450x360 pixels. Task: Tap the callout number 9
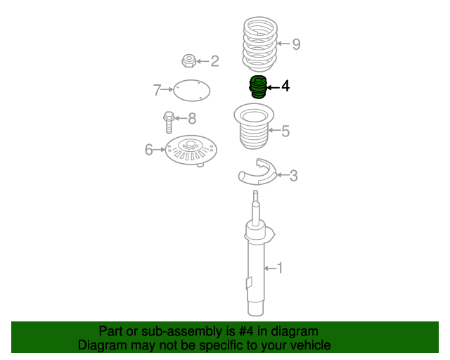(x=296, y=44)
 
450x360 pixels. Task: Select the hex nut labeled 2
(x=189, y=60)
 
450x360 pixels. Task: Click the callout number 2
(x=214, y=61)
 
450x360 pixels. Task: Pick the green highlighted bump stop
(x=258, y=86)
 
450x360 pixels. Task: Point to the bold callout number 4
(x=285, y=86)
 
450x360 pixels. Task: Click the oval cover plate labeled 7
(x=192, y=91)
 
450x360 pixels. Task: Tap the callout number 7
(x=157, y=90)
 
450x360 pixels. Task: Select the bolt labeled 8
(x=169, y=122)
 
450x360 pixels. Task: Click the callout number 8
(x=192, y=118)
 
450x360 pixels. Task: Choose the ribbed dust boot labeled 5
(x=254, y=127)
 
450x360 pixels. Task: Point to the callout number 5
(x=285, y=131)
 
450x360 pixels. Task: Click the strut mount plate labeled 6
(x=191, y=150)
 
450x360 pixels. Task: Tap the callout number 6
(x=148, y=150)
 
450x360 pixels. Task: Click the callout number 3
(x=293, y=175)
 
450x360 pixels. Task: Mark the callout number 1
(x=279, y=268)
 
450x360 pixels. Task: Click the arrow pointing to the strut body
(x=269, y=269)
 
